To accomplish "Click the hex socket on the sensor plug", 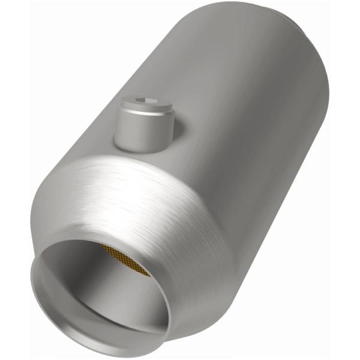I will click(x=149, y=101).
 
